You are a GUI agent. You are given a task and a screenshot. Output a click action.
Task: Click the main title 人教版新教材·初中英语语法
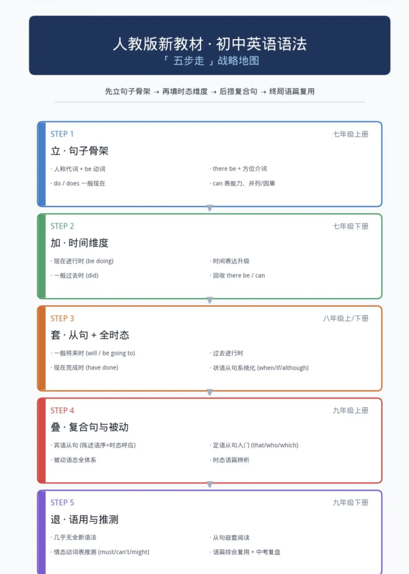[210, 44]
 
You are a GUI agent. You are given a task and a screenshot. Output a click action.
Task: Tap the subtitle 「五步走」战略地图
[211, 61]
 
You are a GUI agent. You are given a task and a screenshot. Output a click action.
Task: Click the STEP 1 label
[62, 134]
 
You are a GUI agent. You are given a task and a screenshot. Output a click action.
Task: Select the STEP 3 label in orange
[62, 318]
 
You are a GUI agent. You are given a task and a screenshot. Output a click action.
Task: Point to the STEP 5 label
[62, 502]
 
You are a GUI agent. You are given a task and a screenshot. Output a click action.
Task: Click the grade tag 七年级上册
[351, 134]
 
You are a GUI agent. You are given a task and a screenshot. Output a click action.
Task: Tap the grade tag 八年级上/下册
[346, 318]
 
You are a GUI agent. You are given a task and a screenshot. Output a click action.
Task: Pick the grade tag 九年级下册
[351, 502]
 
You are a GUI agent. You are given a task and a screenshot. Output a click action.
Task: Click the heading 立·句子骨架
[80, 151]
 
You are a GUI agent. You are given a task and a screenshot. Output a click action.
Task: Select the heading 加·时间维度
[80, 243]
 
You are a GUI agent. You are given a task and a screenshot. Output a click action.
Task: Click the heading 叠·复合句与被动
[89, 427]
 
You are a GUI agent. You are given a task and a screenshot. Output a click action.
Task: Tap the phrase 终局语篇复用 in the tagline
[292, 91]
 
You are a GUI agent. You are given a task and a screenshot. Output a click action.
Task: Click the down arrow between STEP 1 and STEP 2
[210, 208]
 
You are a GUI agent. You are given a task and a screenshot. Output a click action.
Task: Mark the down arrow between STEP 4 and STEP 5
[210, 484]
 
